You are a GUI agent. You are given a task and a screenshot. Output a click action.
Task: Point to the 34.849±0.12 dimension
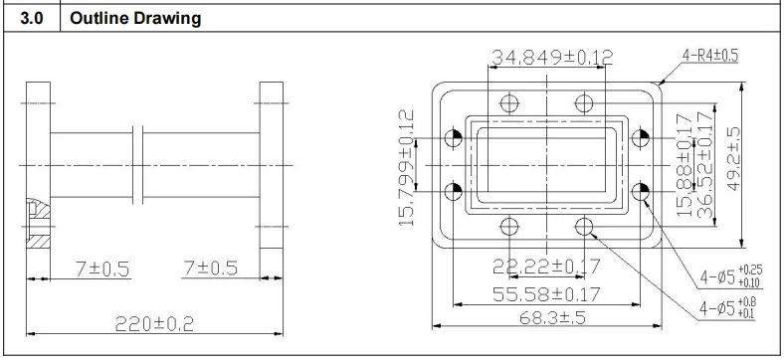[x=550, y=58]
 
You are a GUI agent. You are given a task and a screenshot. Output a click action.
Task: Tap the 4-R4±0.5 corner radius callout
[x=710, y=56]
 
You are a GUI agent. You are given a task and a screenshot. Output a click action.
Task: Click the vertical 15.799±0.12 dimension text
[x=407, y=166]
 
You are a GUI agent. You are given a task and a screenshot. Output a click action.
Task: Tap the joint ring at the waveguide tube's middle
[x=137, y=164]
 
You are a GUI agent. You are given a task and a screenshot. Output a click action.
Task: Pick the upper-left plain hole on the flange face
[x=508, y=103]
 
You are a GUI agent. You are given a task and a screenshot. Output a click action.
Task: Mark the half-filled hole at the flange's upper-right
[x=640, y=138]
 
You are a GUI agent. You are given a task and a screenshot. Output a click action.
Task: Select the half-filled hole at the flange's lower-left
[x=456, y=189]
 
